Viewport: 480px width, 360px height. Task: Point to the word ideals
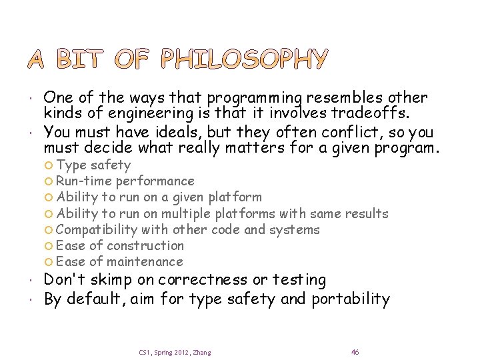(151, 131)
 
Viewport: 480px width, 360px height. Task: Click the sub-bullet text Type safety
(93, 165)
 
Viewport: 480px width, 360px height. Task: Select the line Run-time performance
(125, 181)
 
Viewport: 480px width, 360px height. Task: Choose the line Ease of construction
(120, 245)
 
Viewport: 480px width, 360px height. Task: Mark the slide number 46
(355, 351)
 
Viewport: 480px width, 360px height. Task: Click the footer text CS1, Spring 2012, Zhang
(175, 352)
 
